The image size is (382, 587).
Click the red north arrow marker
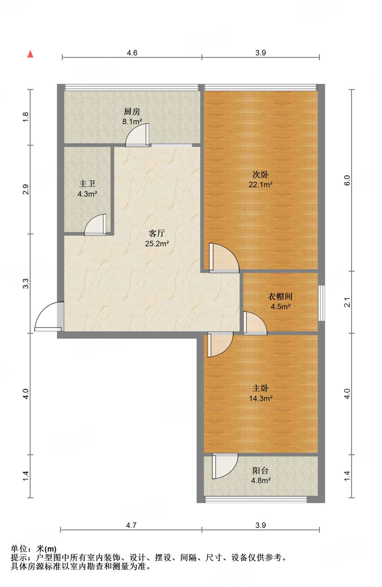click(x=30, y=54)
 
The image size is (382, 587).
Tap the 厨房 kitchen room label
click(x=132, y=112)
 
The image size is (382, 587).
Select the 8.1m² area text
click(x=132, y=122)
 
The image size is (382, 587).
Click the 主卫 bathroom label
click(x=87, y=184)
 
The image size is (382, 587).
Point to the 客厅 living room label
click(x=157, y=233)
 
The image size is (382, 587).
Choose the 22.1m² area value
click(x=261, y=184)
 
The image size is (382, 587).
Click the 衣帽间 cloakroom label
click(x=280, y=296)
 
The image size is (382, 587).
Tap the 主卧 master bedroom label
click(x=261, y=388)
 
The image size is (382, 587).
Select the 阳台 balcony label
click(x=261, y=470)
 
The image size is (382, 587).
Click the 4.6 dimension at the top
click(x=132, y=53)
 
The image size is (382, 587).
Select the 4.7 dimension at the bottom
click(x=131, y=525)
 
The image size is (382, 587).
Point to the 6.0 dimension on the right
click(x=347, y=181)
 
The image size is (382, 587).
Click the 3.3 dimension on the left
click(x=26, y=284)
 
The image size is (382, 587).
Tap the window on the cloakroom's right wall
click(x=321, y=303)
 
